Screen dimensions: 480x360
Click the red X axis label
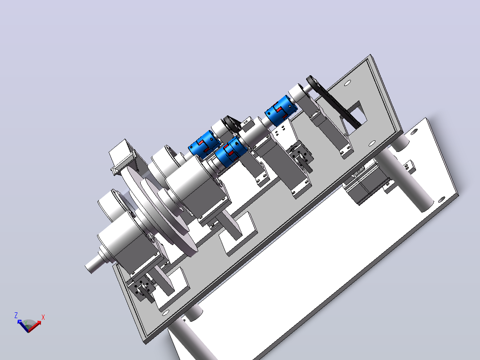[43, 317]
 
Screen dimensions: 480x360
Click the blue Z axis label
[16, 315]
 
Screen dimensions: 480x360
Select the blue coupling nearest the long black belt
[281, 110]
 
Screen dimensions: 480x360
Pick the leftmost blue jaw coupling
[203, 145]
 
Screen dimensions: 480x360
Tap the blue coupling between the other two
[231, 151]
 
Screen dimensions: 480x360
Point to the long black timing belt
[334, 102]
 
